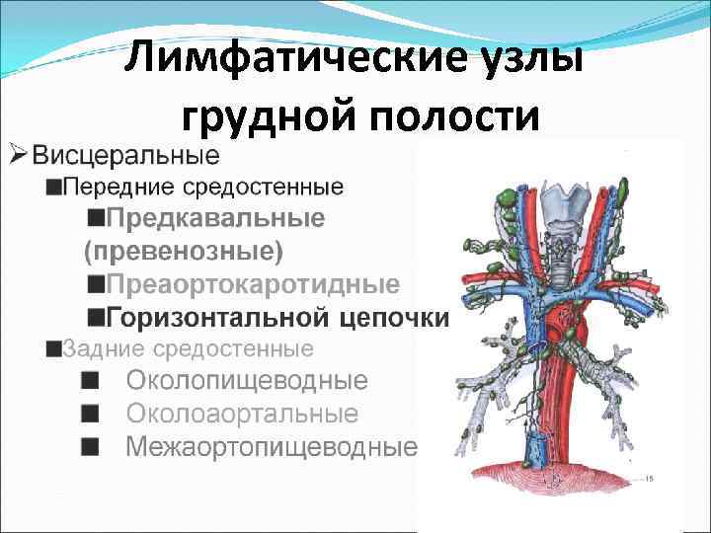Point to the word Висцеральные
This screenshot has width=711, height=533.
coord(125,155)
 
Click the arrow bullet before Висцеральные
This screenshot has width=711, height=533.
coord(17,154)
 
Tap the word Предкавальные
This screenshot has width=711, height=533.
coord(215,218)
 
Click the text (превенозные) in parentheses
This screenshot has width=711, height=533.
coord(184,251)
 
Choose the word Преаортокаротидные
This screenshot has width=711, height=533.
coord(253,284)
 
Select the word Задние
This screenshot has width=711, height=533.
coord(97,348)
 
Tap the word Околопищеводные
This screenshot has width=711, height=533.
coord(246,381)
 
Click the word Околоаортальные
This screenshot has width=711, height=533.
coord(241,414)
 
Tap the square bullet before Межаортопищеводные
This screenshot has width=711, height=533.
coord(90,447)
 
